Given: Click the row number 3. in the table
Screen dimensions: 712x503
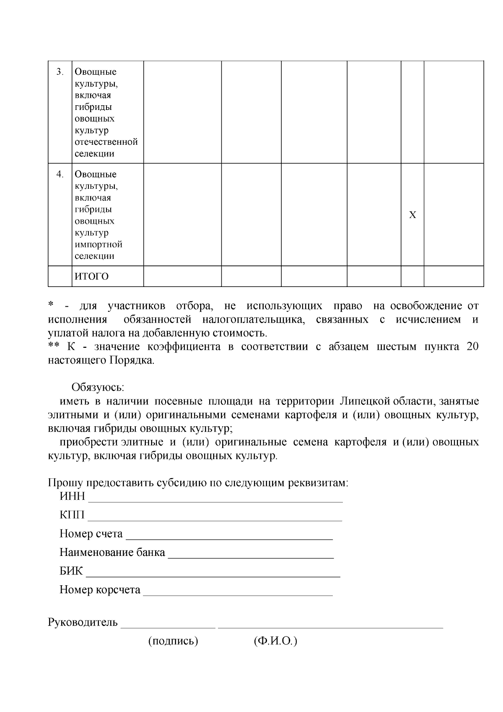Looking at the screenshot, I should [60, 72].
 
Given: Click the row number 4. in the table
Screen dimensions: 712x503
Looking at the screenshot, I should [60, 174].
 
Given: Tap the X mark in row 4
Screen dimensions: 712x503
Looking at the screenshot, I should [412, 215].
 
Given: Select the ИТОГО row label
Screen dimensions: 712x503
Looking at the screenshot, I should [91, 276].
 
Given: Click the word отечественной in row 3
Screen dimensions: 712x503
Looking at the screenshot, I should [106, 142].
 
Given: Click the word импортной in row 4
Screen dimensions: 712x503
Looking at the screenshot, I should [99, 244].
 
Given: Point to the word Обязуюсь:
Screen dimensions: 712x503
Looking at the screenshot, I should [98, 387].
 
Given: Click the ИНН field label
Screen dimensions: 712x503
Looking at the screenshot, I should [72, 497].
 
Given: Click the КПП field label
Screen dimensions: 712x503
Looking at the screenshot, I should [72, 515].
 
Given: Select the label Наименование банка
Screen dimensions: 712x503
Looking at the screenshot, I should [112, 553].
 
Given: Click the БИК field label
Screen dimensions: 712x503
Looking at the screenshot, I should [71, 571].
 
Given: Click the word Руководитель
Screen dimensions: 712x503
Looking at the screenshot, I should [83, 622].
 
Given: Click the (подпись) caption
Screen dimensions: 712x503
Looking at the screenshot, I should [173, 641].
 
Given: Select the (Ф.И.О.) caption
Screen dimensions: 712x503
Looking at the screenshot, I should [275, 641].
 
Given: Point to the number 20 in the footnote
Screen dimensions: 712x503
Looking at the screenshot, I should [472, 347].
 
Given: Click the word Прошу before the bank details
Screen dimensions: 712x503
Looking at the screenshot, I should [62, 483].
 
